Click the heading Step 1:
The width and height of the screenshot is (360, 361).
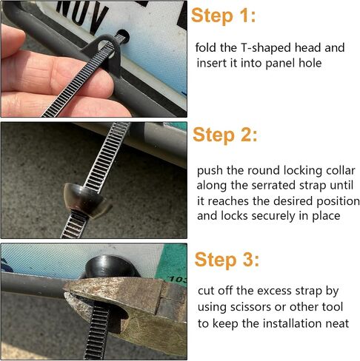coord(223,16)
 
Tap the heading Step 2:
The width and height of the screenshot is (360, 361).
coord(225,135)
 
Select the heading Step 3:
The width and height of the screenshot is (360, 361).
coord(227,260)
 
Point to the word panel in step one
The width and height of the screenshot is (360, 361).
coord(281,64)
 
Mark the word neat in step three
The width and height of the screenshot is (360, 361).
coord(337,323)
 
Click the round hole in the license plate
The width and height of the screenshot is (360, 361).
coord(122,36)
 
